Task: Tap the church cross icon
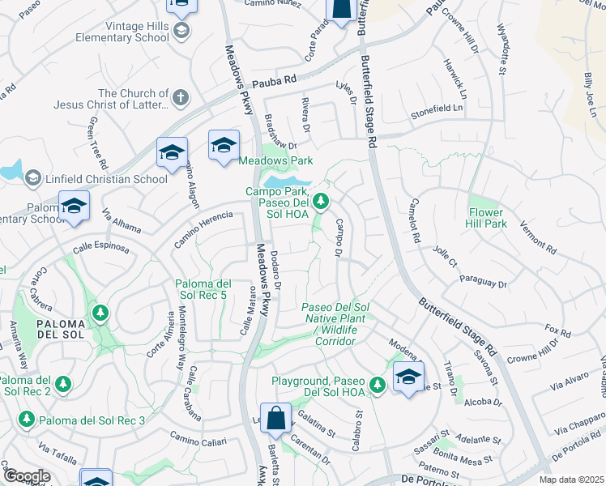click(x=181, y=98)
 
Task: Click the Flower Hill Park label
click(x=486, y=218)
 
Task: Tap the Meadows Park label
click(x=275, y=160)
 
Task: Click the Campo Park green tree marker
click(x=322, y=200)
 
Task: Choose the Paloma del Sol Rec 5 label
click(x=204, y=289)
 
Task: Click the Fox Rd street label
click(x=558, y=331)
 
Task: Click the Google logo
click(x=27, y=476)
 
